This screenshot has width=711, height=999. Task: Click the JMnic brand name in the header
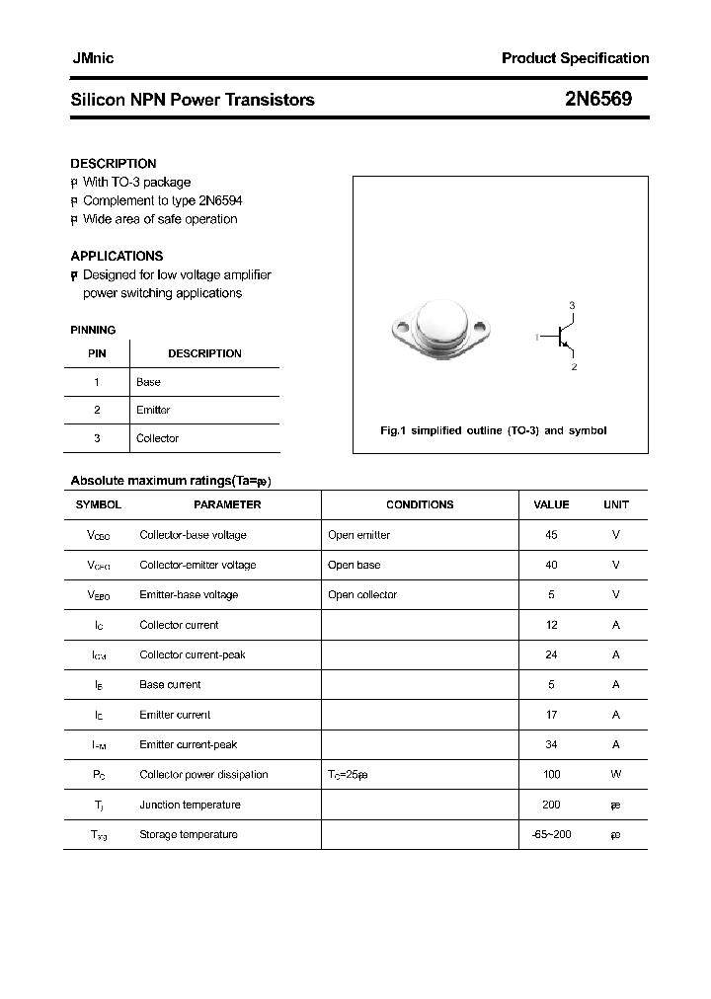(x=93, y=58)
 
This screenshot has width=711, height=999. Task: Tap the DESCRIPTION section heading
(x=113, y=164)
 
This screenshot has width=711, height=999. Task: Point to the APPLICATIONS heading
(x=117, y=256)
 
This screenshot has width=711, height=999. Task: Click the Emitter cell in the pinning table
(x=153, y=410)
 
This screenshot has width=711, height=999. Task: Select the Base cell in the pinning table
(x=148, y=382)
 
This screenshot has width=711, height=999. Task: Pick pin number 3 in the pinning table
(x=97, y=438)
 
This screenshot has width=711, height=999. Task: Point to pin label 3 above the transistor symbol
(x=572, y=305)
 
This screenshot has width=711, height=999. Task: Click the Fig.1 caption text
(x=494, y=430)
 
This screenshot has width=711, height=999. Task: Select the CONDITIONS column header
(x=420, y=504)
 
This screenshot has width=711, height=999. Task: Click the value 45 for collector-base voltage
(x=551, y=535)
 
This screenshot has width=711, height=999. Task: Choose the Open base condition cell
(x=354, y=565)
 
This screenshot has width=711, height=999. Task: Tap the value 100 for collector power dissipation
(x=551, y=775)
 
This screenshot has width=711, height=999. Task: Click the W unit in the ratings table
(x=615, y=775)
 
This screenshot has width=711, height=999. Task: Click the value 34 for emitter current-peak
(x=551, y=744)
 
